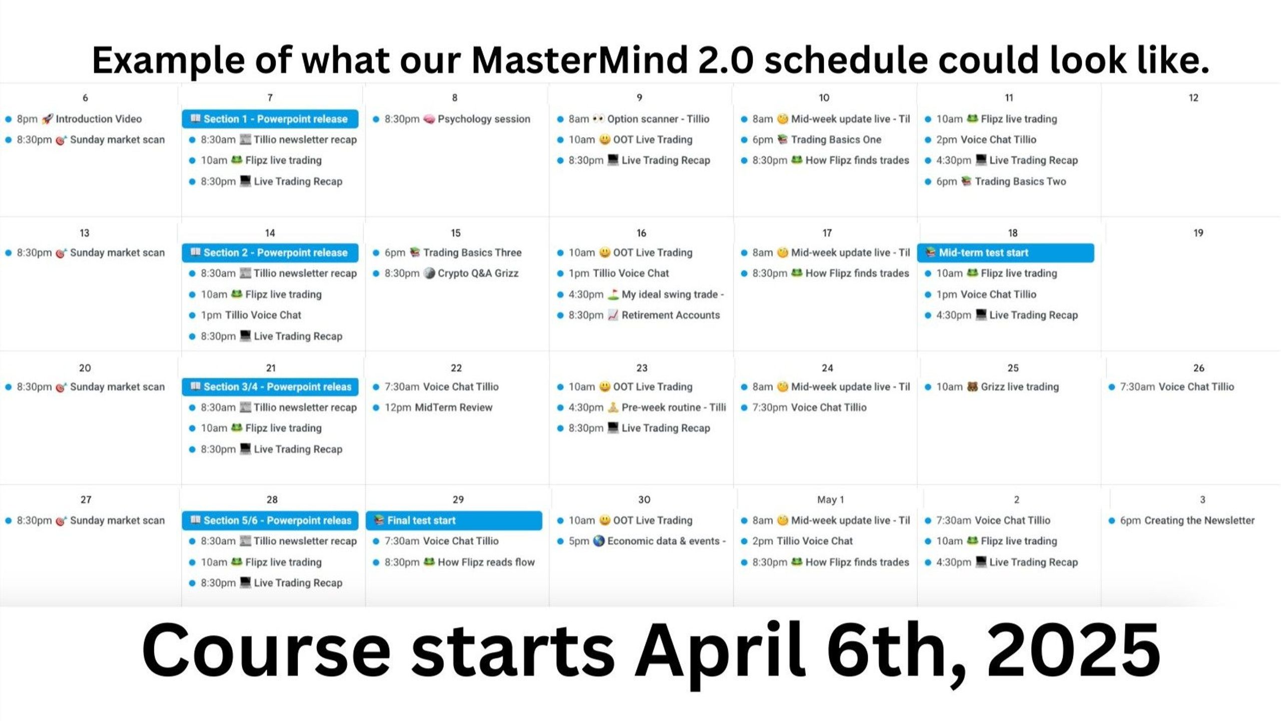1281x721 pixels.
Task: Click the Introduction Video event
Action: tap(74, 119)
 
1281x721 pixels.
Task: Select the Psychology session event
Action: tap(452, 119)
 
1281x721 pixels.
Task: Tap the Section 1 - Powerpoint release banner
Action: tap(270, 119)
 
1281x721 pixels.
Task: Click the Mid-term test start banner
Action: tap(1006, 253)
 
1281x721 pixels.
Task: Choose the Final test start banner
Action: tap(454, 521)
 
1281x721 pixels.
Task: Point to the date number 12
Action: tap(1193, 98)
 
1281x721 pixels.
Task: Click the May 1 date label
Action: tap(831, 500)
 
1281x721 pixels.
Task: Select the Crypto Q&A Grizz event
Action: tap(446, 273)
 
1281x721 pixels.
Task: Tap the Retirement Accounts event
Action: tap(638, 315)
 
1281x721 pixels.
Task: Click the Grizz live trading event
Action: tap(992, 387)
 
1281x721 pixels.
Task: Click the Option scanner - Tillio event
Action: tap(633, 119)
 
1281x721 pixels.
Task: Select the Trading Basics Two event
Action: tap(995, 182)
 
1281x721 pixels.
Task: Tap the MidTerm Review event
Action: tap(433, 408)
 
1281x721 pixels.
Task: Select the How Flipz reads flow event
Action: tap(454, 562)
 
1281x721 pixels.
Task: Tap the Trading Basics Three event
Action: tap(447, 253)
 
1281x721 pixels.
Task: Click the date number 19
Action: tap(1198, 233)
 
